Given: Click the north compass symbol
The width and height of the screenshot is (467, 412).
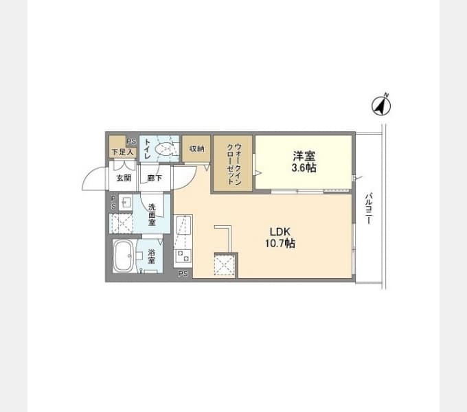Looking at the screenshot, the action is point(382,105).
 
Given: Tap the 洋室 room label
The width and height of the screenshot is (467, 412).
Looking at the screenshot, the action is point(304,156).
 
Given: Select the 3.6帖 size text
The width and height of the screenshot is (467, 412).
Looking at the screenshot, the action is point(304,168).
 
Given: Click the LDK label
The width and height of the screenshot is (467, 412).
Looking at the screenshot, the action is point(280,231).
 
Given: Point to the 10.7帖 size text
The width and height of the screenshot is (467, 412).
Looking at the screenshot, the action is point(280,244).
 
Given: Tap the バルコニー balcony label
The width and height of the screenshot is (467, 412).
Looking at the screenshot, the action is point(369,208).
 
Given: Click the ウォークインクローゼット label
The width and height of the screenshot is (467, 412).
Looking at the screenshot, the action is point(234,164).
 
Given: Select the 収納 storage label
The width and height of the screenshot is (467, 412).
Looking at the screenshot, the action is point(197,148).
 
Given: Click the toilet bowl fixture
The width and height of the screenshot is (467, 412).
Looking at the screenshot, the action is point(164,149).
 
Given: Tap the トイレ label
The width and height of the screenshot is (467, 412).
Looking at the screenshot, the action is point(148,148).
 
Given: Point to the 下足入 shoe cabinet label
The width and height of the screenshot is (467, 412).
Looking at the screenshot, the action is point(122,152).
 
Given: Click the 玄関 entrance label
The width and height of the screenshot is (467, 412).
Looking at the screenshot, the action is point(124,178).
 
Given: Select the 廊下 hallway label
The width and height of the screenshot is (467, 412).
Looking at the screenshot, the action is point(155,178).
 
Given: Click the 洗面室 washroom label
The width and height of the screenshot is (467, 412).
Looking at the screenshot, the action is point(152,215).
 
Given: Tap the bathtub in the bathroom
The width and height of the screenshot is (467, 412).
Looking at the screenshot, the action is point(124,256).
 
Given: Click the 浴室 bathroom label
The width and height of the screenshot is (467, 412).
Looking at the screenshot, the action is point(152,256).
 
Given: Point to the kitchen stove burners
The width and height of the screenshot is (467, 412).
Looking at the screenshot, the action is point(183,255).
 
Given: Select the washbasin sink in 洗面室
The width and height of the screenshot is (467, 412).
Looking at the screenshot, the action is point(126,203).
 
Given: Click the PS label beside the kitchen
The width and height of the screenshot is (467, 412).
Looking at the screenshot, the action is point(183,273).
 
